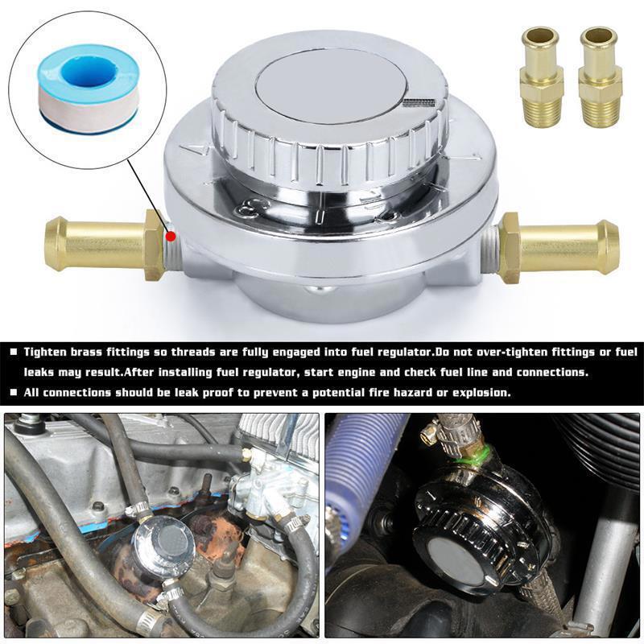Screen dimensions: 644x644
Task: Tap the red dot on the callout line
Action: [169, 237]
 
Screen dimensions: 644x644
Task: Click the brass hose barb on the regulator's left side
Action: [93, 243]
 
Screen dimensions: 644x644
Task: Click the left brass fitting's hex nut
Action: [155, 243]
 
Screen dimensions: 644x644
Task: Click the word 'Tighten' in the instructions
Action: [46, 352]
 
